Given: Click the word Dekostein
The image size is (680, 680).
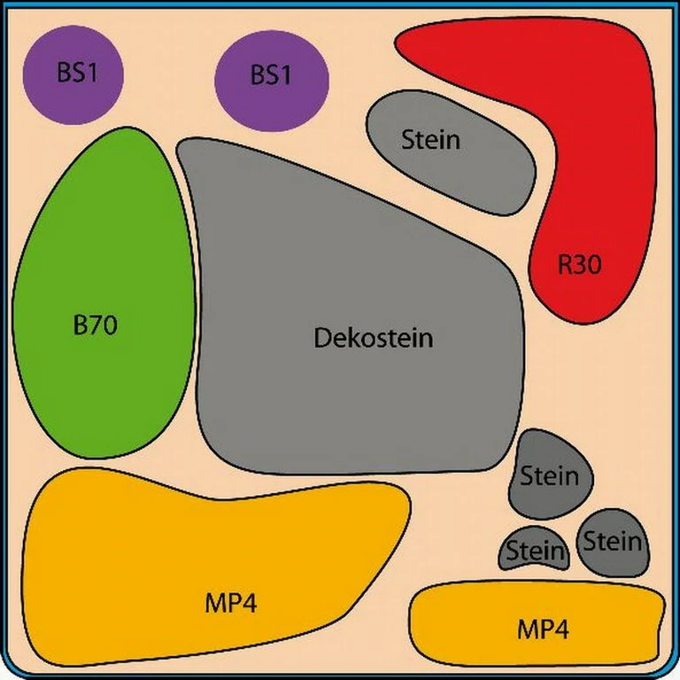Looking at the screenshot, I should (374, 338).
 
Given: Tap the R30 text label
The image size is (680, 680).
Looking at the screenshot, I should (580, 264).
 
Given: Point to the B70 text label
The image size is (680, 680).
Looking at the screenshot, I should (95, 325).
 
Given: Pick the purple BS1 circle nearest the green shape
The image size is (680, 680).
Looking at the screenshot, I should (73, 73).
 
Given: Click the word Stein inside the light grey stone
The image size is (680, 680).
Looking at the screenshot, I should (431, 139).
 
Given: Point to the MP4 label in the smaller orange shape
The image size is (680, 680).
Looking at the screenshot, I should (543, 630).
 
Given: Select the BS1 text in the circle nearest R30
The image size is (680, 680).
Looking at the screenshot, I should (271, 75).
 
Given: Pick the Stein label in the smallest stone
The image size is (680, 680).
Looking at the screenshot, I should (535, 552).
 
